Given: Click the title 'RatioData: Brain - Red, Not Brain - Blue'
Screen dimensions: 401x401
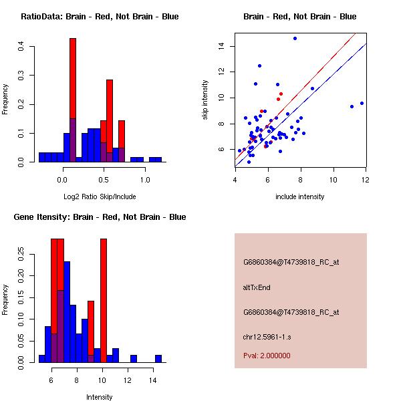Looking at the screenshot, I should pyautogui.click(x=100, y=17).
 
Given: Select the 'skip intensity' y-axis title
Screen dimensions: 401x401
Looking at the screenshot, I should pyautogui.click(x=206, y=100).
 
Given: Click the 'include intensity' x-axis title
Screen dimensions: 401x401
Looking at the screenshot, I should pyautogui.click(x=299, y=196).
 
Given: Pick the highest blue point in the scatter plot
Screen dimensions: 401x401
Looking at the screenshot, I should pyautogui.click(x=295, y=39).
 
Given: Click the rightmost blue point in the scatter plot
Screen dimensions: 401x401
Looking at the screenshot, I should pyautogui.click(x=362, y=103).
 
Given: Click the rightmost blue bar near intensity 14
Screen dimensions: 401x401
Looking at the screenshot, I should pyautogui.click(x=158, y=359).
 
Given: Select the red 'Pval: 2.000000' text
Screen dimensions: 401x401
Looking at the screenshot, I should pyautogui.click(x=267, y=356).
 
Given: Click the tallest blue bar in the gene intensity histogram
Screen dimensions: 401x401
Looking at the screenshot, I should pyautogui.click(x=67, y=311).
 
